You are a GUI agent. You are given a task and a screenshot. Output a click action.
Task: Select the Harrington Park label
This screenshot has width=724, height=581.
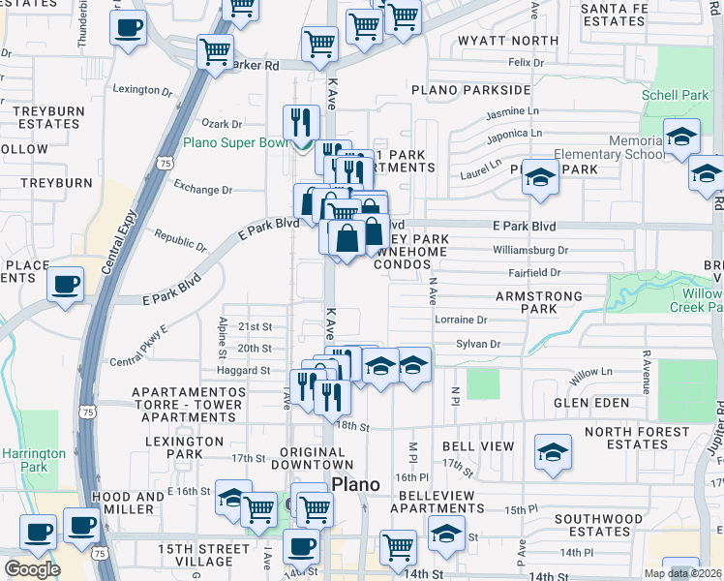[x=33, y=460]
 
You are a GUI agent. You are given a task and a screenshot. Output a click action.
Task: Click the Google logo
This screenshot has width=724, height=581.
[x=32, y=569]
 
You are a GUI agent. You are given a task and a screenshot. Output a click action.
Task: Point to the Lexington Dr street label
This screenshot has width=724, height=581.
[x=142, y=89]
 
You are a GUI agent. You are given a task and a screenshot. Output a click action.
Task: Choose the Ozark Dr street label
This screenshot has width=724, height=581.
[x=222, y=124]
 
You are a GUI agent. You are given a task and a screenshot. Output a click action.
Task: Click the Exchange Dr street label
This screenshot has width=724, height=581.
[x=202, y=190]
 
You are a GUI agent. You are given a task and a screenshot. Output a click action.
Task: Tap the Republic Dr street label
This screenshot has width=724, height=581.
[x=180, y=241]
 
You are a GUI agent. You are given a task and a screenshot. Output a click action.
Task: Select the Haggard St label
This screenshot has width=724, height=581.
[x=242, y=370]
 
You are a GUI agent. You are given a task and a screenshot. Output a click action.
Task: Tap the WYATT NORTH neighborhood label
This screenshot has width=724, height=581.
[x=495, y=41]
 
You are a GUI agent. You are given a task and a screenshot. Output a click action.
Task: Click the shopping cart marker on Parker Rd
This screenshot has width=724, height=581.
[x=215, y=51]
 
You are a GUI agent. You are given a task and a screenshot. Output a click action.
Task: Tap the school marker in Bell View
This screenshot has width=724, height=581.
[x=553, y=451]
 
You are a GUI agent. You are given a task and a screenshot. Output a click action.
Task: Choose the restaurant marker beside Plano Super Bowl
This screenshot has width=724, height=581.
[x=301, y=122]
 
